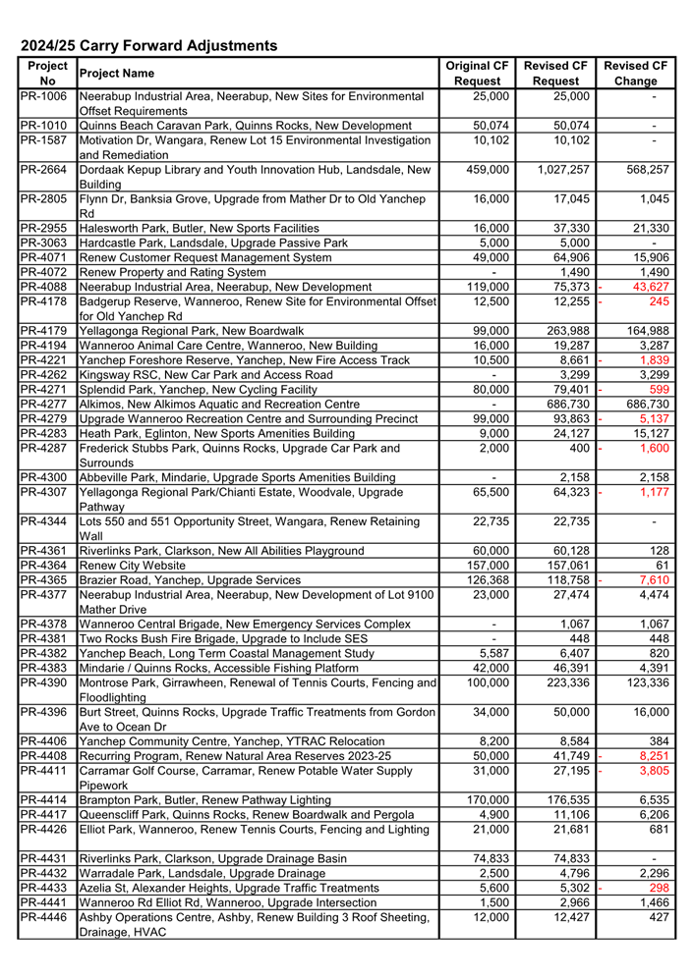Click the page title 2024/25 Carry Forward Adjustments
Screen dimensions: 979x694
[x=149, y=45]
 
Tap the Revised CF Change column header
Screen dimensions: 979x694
[x=635, y=73]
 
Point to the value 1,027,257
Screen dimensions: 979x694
[x=556, y=170]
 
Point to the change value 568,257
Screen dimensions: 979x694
[x=641, y=170]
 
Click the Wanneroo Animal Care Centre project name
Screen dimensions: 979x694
[x=228, y=346]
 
